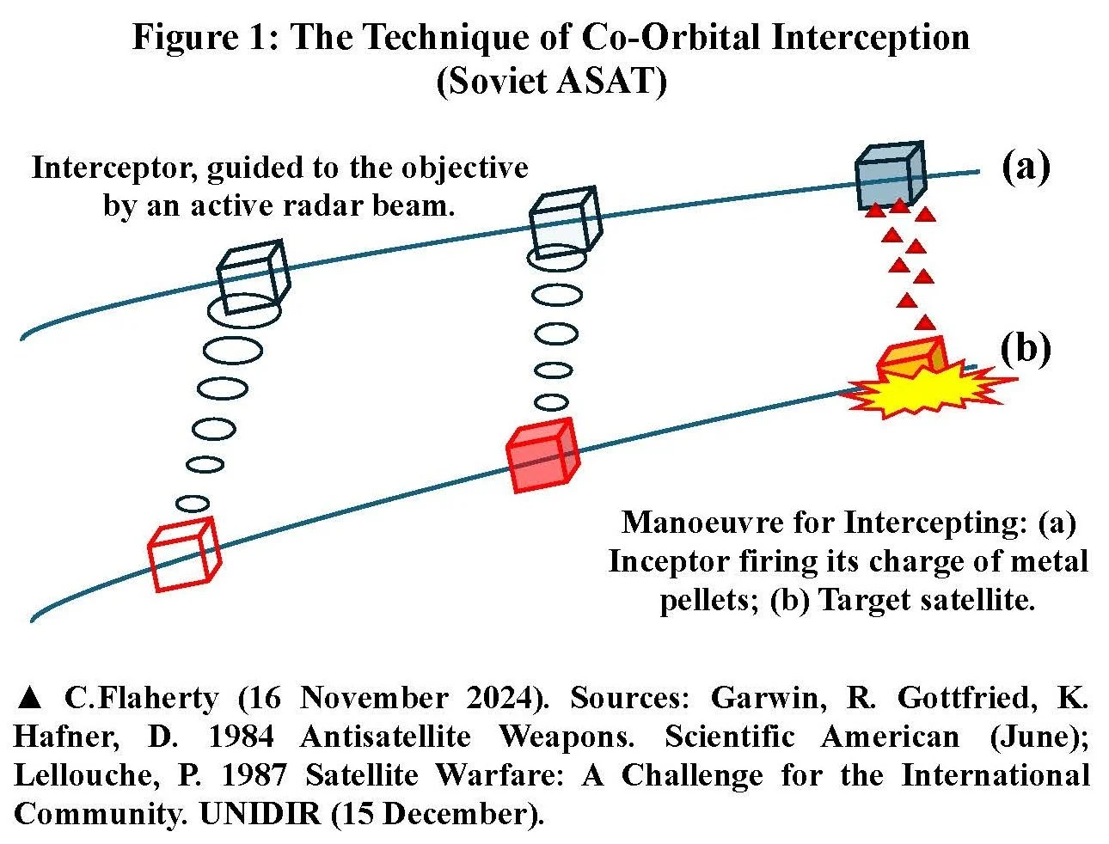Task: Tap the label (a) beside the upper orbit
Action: coord(1026,166)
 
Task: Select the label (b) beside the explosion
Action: coord(1026,348)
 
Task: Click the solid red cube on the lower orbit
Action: coord(542,456)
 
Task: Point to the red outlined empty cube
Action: coord(183,555)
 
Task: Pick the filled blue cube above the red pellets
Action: coord(889,175)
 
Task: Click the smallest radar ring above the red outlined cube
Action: coord(193,503)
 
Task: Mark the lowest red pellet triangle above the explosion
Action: coord(925,322)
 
